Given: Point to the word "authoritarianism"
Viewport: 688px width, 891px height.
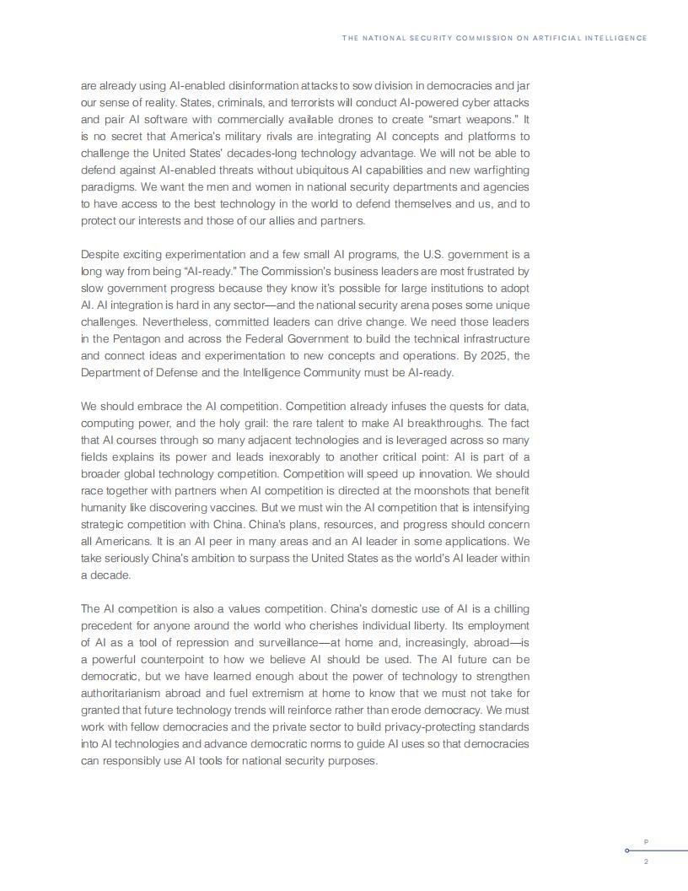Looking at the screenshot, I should (124, 693).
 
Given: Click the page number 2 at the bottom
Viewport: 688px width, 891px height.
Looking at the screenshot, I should (646, 861).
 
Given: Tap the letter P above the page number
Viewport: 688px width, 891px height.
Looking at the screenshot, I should (646, 841).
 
